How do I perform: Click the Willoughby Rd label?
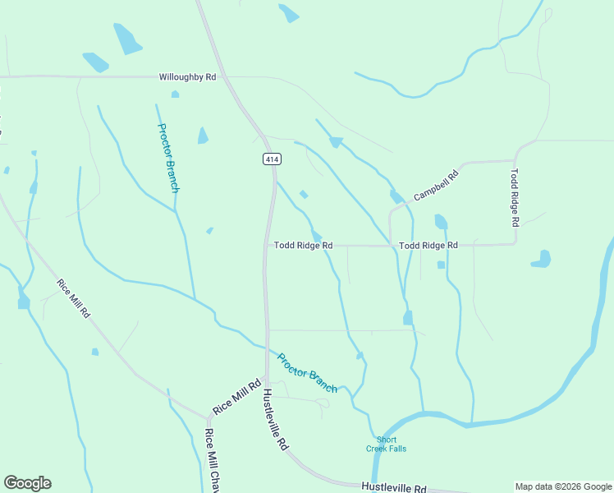point(187,76)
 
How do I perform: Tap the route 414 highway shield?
point(269,159)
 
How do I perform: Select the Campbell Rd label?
point(436,182)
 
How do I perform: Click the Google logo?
point(27,483)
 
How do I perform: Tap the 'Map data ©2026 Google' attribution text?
point(564,486)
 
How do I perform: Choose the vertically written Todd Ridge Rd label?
point(515,198)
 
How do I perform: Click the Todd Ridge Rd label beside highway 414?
point(303,246)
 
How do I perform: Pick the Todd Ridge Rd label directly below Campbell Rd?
point(428,246)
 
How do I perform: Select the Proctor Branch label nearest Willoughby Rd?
point(168,157)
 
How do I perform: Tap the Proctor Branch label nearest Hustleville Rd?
point(307,372)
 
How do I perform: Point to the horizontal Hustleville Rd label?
point(394,487)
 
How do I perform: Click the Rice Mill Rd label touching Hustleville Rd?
point(236,396)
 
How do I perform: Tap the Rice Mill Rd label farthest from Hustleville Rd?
point(74,300)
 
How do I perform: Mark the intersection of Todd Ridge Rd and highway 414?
point(266,245)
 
